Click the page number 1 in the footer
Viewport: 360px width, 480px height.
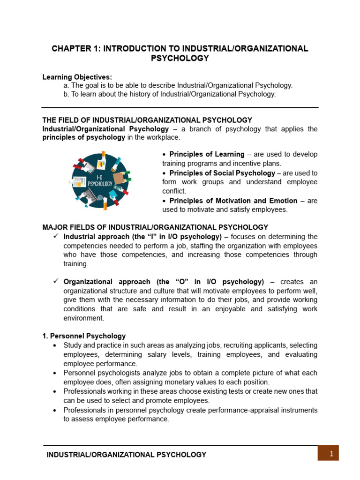point(331,453)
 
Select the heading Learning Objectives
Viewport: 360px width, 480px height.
point(77,77)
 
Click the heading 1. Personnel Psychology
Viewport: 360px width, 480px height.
point(84,336)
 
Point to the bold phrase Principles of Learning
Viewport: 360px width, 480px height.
point(207,154)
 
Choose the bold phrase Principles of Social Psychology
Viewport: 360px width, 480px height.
point(222,173)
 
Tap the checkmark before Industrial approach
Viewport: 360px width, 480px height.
point(55,236)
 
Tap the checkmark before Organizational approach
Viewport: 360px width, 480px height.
point(55,281)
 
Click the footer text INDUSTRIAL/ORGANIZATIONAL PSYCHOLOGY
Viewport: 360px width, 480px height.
point(126,455)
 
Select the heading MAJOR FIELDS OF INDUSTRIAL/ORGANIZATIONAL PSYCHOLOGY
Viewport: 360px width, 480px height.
point(155,227)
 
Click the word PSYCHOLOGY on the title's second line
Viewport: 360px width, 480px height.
point(180,58)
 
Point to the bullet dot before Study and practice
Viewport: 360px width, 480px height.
point(55,345)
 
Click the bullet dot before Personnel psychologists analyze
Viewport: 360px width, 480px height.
point(55,373)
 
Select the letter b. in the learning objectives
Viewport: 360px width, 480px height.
point(66,94)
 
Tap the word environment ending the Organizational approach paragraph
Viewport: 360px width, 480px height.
point(84,318)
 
